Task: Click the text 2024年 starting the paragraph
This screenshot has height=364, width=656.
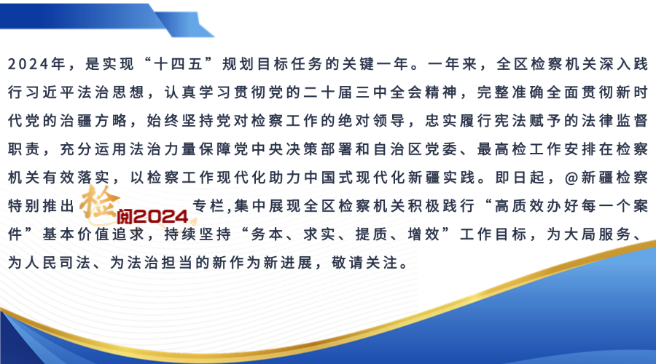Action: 37,64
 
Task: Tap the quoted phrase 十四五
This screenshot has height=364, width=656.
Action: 179,64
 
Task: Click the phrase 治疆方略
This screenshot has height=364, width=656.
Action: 93,121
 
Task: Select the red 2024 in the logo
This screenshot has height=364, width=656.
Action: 162,216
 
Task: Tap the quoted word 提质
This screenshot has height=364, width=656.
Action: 372,234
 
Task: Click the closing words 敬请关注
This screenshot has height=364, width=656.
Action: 365,263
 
